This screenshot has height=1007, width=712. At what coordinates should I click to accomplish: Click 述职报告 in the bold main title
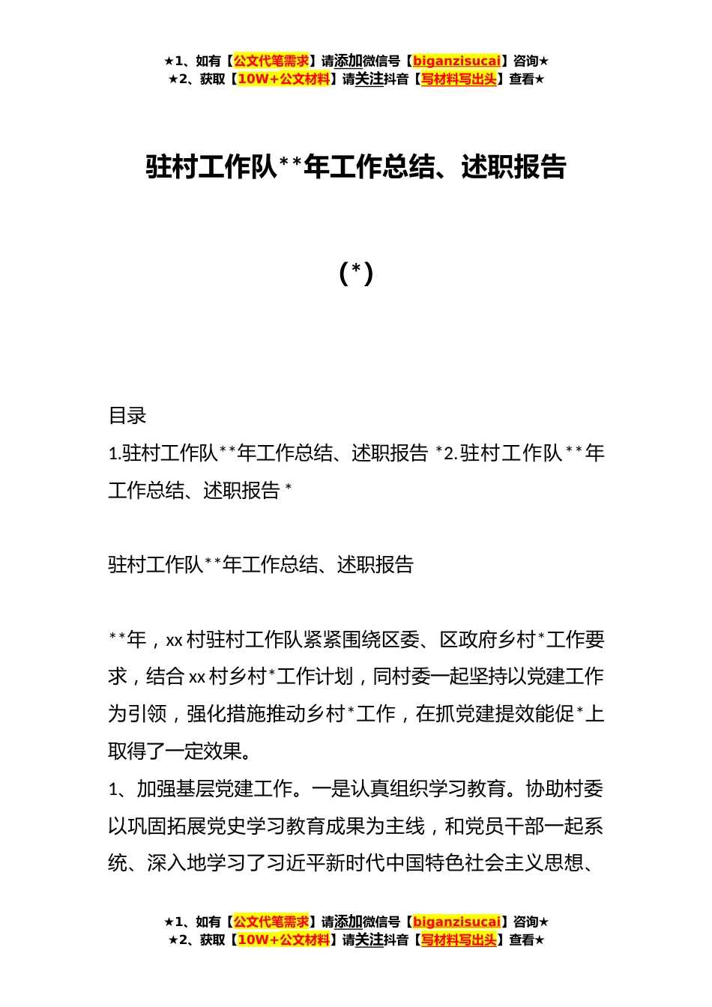pos(513,167)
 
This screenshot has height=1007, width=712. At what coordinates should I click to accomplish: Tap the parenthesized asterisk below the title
pos(356,273)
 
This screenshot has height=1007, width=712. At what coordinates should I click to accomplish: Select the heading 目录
pos(127,416)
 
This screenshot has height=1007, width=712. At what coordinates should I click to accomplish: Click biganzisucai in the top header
pos(456,61)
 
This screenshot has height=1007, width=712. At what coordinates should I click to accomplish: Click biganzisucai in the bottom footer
pos(456,922)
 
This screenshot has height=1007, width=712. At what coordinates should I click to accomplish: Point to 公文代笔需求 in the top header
pos(271,61)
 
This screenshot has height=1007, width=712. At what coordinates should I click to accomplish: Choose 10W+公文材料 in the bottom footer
pos(283,940)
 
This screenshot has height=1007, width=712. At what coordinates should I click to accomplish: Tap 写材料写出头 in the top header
pos(459,79)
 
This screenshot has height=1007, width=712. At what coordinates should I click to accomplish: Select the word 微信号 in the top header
pos(381,61)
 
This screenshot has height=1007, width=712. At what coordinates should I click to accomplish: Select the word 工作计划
pos(316,677)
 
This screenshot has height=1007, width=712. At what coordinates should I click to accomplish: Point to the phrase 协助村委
pos(564,789)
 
